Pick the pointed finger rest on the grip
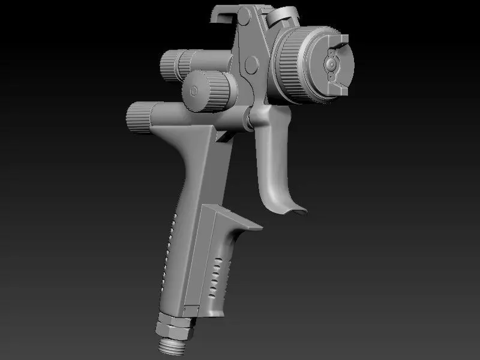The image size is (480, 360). [x=255, y=226]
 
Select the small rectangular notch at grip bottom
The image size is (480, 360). [x=191, y=308]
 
